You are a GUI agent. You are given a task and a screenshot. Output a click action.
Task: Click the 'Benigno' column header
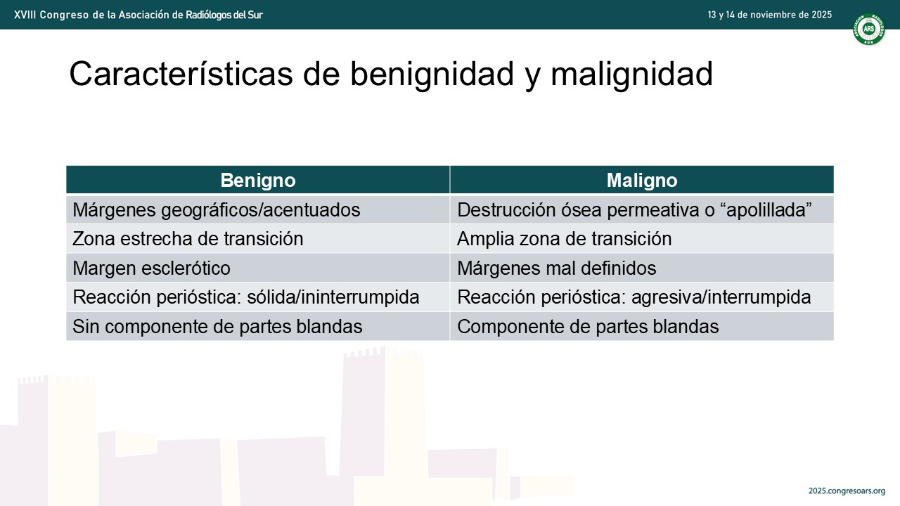point(258,180)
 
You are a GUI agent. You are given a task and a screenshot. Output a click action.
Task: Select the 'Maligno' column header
point(642,180)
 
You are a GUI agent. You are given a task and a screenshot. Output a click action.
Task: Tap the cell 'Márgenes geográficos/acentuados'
point(258,209)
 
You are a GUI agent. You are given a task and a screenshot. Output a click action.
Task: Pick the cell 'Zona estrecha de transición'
point(258,239)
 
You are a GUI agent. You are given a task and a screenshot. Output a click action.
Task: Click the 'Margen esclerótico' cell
point(258,268)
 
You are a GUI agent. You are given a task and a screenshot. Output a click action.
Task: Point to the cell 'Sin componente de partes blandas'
point(258,326)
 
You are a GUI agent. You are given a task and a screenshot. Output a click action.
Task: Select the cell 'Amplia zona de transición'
point(642,239)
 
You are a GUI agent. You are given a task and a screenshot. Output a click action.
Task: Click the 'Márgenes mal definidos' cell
point(642,268)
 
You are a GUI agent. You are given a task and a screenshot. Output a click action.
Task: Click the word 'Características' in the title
point(181,74)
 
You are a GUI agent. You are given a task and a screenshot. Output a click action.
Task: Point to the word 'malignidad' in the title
point(631,75)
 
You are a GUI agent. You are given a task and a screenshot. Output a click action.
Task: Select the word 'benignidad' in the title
point(432,75)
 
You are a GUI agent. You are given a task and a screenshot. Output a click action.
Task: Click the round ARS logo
point(869,29)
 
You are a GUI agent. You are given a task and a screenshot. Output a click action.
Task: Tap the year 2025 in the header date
point(822,15)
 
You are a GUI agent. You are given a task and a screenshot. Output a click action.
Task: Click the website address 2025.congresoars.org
point(847,491)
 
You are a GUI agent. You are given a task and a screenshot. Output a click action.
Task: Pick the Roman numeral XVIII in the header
point(25,15)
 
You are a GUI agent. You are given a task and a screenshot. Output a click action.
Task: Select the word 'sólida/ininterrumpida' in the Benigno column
point(333,297)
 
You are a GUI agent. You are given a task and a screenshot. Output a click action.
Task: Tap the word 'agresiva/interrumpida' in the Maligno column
point(721,297)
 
